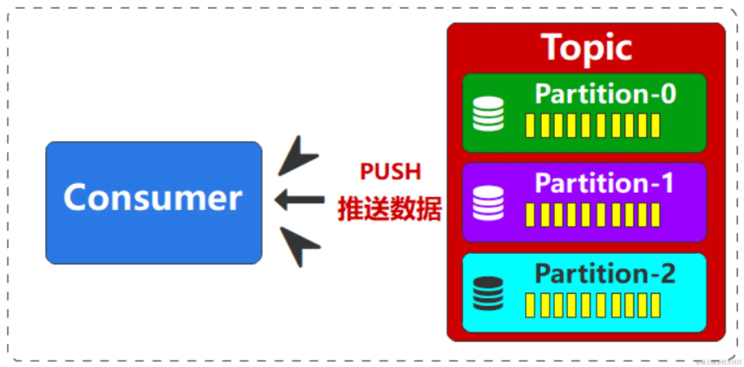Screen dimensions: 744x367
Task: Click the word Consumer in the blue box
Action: (153, 197)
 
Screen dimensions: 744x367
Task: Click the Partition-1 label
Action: (604, 183)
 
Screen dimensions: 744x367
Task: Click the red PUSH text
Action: (390, 171)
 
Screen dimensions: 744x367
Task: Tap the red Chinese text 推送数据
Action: (389, 209)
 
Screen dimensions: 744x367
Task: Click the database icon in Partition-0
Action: (488, 114)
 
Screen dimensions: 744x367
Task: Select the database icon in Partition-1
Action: (488, 203)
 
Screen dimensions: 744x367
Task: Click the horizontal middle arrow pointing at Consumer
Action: (300, 200)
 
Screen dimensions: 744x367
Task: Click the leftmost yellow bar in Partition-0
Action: (530, 126)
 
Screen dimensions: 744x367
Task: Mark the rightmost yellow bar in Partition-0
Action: (656, 126)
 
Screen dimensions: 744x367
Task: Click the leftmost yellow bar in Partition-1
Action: (530, 215)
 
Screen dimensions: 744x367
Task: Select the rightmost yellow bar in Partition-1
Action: (656, 215)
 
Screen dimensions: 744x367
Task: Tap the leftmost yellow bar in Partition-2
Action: (530, 305)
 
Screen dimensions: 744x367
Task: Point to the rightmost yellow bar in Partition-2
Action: (656, 305)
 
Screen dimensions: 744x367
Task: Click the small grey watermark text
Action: (718, 362)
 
